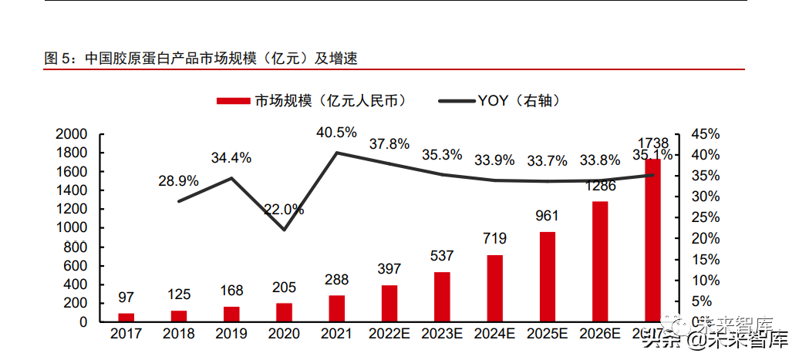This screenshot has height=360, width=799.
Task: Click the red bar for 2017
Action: point(126,317)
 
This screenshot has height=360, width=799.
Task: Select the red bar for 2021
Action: point(336,308)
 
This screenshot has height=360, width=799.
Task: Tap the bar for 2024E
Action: point(495,288)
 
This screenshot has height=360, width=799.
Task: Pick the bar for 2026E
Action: point(600,261)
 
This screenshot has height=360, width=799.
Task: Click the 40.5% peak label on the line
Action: point(336,133)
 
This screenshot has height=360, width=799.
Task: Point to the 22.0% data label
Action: point(284,210)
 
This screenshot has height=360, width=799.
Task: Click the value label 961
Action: point(547,216)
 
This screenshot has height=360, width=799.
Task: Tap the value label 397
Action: point(389,269)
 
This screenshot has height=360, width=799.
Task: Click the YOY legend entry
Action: point(498,101)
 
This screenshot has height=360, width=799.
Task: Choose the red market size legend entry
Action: point(312,101)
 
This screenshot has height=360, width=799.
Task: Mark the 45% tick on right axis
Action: point(705,134)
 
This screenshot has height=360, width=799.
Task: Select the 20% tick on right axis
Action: point(705,239)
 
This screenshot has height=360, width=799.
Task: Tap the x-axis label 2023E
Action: point(442,335)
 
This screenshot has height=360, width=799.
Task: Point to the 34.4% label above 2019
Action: point(231,158)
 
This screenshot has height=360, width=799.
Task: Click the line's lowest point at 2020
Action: point(284,230)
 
